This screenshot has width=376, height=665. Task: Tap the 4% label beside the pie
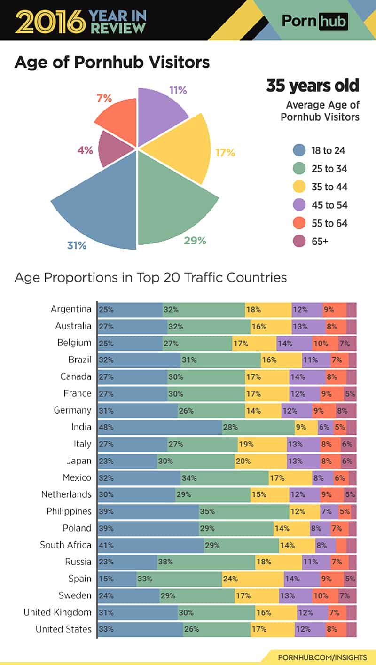(85, 150)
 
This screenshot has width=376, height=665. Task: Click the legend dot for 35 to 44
(299, 187)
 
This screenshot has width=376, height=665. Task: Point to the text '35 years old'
(313, 86)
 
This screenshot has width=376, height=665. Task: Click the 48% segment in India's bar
(160, 427)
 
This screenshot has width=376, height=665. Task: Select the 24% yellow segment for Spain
(253, 579)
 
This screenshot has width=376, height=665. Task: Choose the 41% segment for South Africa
(151, 545)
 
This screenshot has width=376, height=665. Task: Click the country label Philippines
(69, 511)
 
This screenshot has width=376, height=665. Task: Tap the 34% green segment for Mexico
(225, 478)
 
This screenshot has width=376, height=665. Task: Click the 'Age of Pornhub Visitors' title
(112, 63)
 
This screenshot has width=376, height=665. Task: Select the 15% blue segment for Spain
(117, 579)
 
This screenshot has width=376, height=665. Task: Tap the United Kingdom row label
(58, 612)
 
